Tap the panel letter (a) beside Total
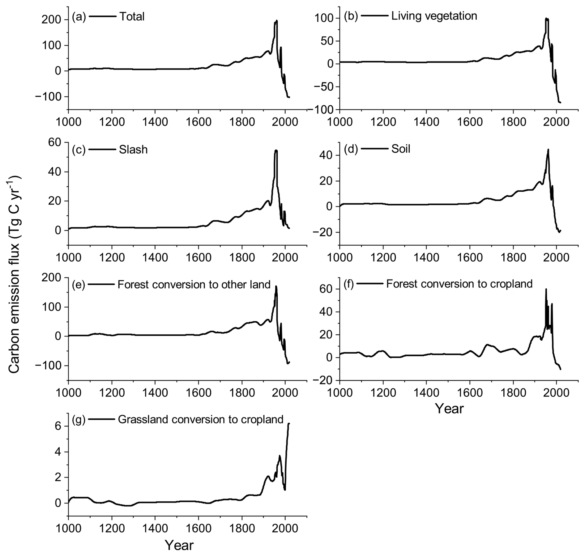click(79, 17)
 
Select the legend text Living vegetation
click(434, 16)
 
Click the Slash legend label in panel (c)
click(133, 150)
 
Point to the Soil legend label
click(401, 149)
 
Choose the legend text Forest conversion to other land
click(194, 284)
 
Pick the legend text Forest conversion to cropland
click(459, 284)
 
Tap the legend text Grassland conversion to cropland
click(201, 419)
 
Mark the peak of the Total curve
click(277, 21)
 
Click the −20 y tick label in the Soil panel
click(324, 232)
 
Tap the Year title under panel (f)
click(449, 409)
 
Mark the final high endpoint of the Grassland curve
click(289, 423)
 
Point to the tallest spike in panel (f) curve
click(546, 289)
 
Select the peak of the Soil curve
click(548, 150)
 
